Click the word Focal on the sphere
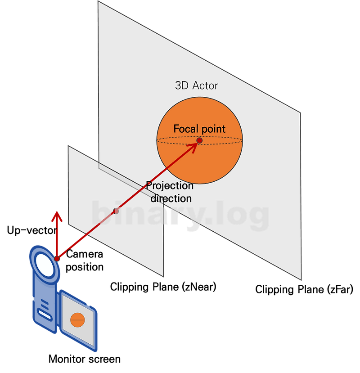[185, 129]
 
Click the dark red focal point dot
[199, 141]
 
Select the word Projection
[170, 185]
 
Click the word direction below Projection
[171, 198]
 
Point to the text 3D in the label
[182, 85]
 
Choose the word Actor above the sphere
[205, 85]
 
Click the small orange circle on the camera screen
[77, 320]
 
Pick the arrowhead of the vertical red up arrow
[57, 216]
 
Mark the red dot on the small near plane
[116, 210]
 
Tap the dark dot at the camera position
[57, 258]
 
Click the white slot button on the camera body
[44, 313]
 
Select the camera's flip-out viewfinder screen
[78, 320]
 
